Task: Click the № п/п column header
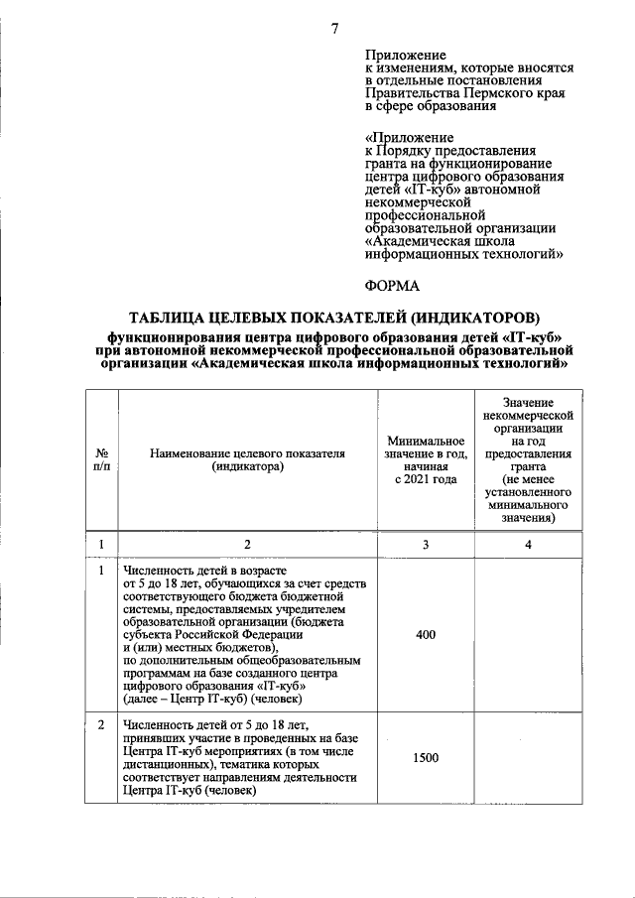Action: (101, 457)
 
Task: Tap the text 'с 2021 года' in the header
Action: (427, 479)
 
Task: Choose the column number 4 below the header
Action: (528, 544)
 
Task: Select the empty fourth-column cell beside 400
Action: (528, 635)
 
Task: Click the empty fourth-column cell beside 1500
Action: (528, 758)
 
